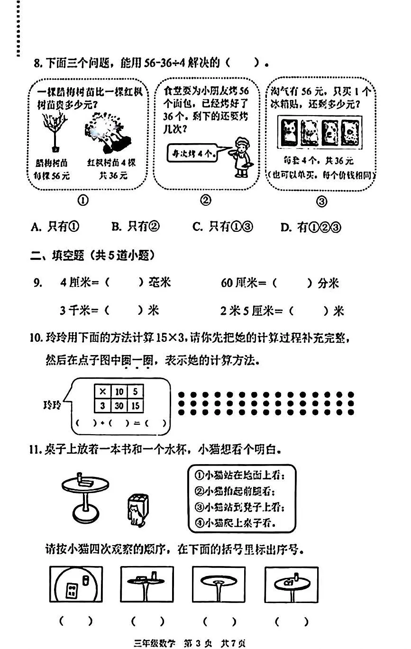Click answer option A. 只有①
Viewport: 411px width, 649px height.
[55, 227]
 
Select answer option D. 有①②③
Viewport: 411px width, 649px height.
[311, 227]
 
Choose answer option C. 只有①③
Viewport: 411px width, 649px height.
[223, 227]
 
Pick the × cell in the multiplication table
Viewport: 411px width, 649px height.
[102, 391]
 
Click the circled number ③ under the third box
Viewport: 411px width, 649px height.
[321, 201]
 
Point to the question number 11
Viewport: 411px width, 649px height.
[36, 448]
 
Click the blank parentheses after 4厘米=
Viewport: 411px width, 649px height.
[124, 283]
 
